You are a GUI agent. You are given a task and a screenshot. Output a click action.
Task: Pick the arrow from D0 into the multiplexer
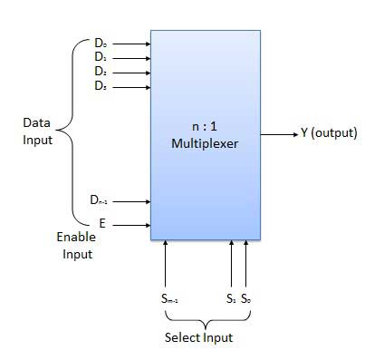coord(132,43)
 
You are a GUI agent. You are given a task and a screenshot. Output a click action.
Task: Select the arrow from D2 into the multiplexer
coord(132,72)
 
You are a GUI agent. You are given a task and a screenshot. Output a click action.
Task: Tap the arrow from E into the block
coord(132,223)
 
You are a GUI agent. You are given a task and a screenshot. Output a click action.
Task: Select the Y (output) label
coord(329,133)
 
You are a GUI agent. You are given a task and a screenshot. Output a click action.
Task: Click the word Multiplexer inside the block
coord(205,143)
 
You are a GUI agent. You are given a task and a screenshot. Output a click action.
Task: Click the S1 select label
coord(232,297)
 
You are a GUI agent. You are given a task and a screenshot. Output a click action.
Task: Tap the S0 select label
coord(245,297)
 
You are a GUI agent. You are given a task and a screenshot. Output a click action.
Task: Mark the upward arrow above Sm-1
coord(166,262)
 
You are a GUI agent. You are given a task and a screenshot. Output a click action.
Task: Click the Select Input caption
coord(199,337)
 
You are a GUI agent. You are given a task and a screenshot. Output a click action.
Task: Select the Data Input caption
coord(38,131)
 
